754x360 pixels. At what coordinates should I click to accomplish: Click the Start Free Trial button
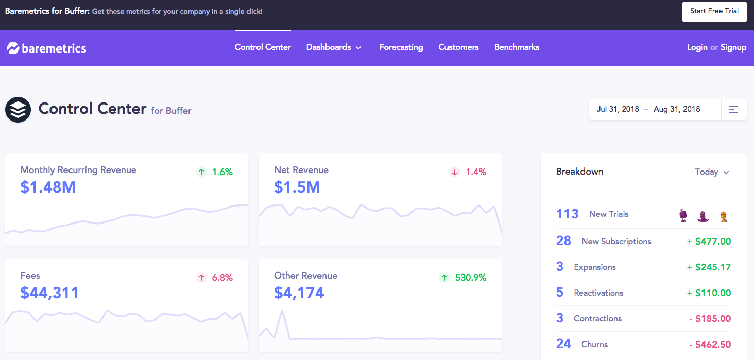[714, 11]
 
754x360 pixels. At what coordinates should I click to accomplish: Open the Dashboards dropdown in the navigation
[334, 47]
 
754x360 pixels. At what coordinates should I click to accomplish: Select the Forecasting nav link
[401, 47]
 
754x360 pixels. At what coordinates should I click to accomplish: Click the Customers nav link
[458, 47]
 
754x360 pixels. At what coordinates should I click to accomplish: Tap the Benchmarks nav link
[517, 47]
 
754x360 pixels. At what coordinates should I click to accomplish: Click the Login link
[697, 47]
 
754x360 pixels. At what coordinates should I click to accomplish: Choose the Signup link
[733, 47]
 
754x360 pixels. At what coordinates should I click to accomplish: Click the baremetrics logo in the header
[46, 48]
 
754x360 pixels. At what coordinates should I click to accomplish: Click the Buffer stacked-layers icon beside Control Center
[18, 110]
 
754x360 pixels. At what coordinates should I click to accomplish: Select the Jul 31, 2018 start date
[618, 109]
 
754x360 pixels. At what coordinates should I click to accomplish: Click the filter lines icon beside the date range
[733, 110]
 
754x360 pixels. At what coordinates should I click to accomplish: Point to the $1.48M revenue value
[48, 187]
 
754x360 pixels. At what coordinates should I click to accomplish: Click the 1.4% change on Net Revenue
[475, 172]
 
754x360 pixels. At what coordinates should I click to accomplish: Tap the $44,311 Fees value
[49, 293]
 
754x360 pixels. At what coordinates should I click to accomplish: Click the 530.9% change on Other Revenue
[470, 278]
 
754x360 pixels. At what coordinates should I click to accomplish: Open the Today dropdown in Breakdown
[712, 172]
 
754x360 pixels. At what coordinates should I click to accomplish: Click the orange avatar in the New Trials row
[724, 216]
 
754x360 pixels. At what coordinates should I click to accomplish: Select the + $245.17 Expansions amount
[709, 267]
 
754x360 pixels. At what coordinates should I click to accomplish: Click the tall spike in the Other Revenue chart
[282, 313]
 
